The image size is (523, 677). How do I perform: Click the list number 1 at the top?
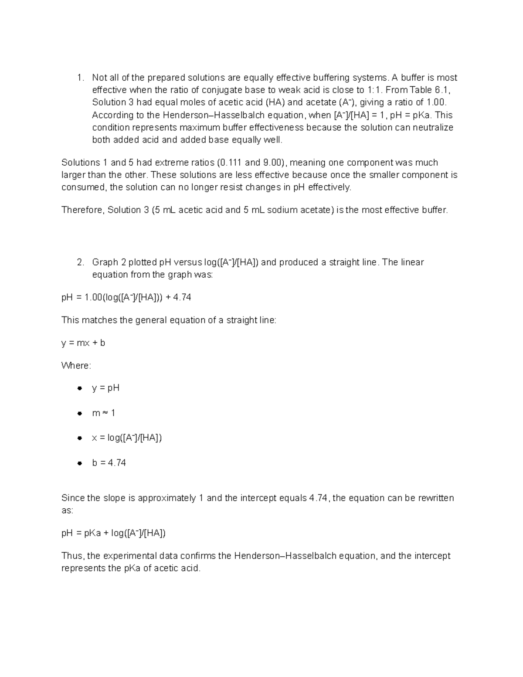pos(79,78)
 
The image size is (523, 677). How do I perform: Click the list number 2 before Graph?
pos(79,262)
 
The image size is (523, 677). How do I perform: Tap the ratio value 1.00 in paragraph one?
pos(436,103)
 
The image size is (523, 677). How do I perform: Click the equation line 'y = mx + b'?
pos(83,343)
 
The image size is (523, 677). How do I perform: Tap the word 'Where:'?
pos(76,366)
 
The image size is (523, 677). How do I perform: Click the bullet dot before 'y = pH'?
pos(79,388)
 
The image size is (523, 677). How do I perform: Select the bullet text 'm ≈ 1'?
pos(103,413)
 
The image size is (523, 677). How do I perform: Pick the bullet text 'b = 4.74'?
pos(109,463)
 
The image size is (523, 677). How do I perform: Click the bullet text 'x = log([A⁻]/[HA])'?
pos(127,438)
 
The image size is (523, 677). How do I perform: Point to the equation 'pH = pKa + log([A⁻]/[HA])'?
pos(113,533)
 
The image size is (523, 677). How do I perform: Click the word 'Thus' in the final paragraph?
pos(72,556)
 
